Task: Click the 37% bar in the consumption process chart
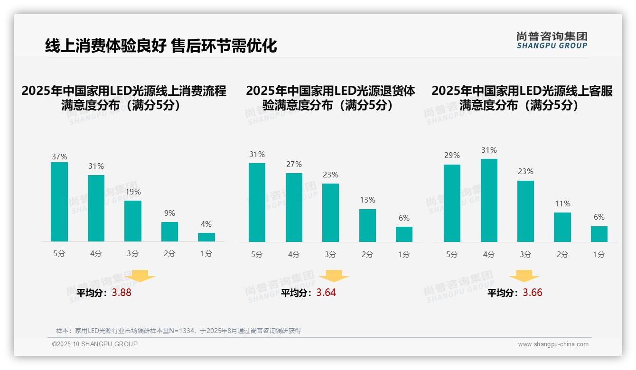(59, 202)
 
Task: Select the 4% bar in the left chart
(206, 237)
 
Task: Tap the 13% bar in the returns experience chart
(367, 225)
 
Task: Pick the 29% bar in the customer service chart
(452, 203)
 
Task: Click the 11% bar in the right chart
(562, 227)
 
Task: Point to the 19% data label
(133, 192)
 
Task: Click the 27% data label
(294, 165)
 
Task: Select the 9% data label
(169, 213)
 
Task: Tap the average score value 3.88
(122, 293)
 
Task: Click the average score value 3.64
(326, 293)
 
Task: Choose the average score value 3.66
(533, 293)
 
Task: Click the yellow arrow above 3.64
(334, 276)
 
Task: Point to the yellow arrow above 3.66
(524, 276)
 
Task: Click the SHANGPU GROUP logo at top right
(552, 40)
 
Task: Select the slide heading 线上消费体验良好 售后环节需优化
(161, 46)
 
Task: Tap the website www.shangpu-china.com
(553, 344)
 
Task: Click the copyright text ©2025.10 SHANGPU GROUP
(95, 344)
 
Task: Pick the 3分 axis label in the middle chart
(331, 254)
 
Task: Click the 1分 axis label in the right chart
(599, 254)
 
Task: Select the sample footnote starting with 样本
(178, 331)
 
